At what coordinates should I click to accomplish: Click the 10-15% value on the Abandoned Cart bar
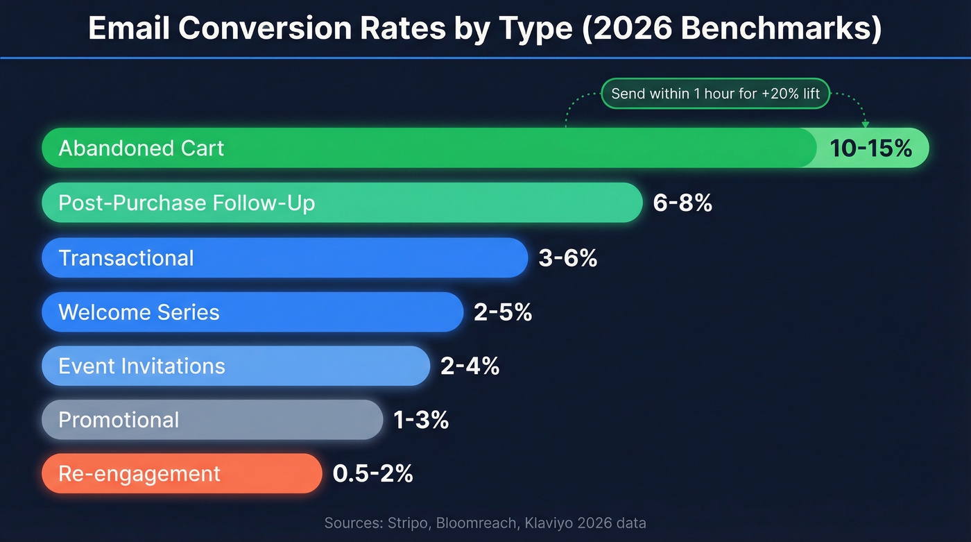870,148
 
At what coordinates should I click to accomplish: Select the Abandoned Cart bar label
141,148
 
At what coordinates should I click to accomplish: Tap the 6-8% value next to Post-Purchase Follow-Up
682,203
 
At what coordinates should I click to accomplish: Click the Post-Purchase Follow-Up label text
187,203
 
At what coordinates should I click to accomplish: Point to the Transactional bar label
126,257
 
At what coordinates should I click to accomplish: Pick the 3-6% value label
567,257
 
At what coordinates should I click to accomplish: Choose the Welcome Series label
139,312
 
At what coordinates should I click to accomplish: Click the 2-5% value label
503,312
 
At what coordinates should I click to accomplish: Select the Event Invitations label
141,366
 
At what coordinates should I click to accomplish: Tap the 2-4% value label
470,366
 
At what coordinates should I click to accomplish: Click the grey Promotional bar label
119,420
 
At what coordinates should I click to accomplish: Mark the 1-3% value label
421,420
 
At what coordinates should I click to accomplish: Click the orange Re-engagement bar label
139,474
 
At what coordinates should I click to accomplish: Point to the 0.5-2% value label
373,474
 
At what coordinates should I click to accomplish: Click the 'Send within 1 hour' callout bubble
715,94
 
